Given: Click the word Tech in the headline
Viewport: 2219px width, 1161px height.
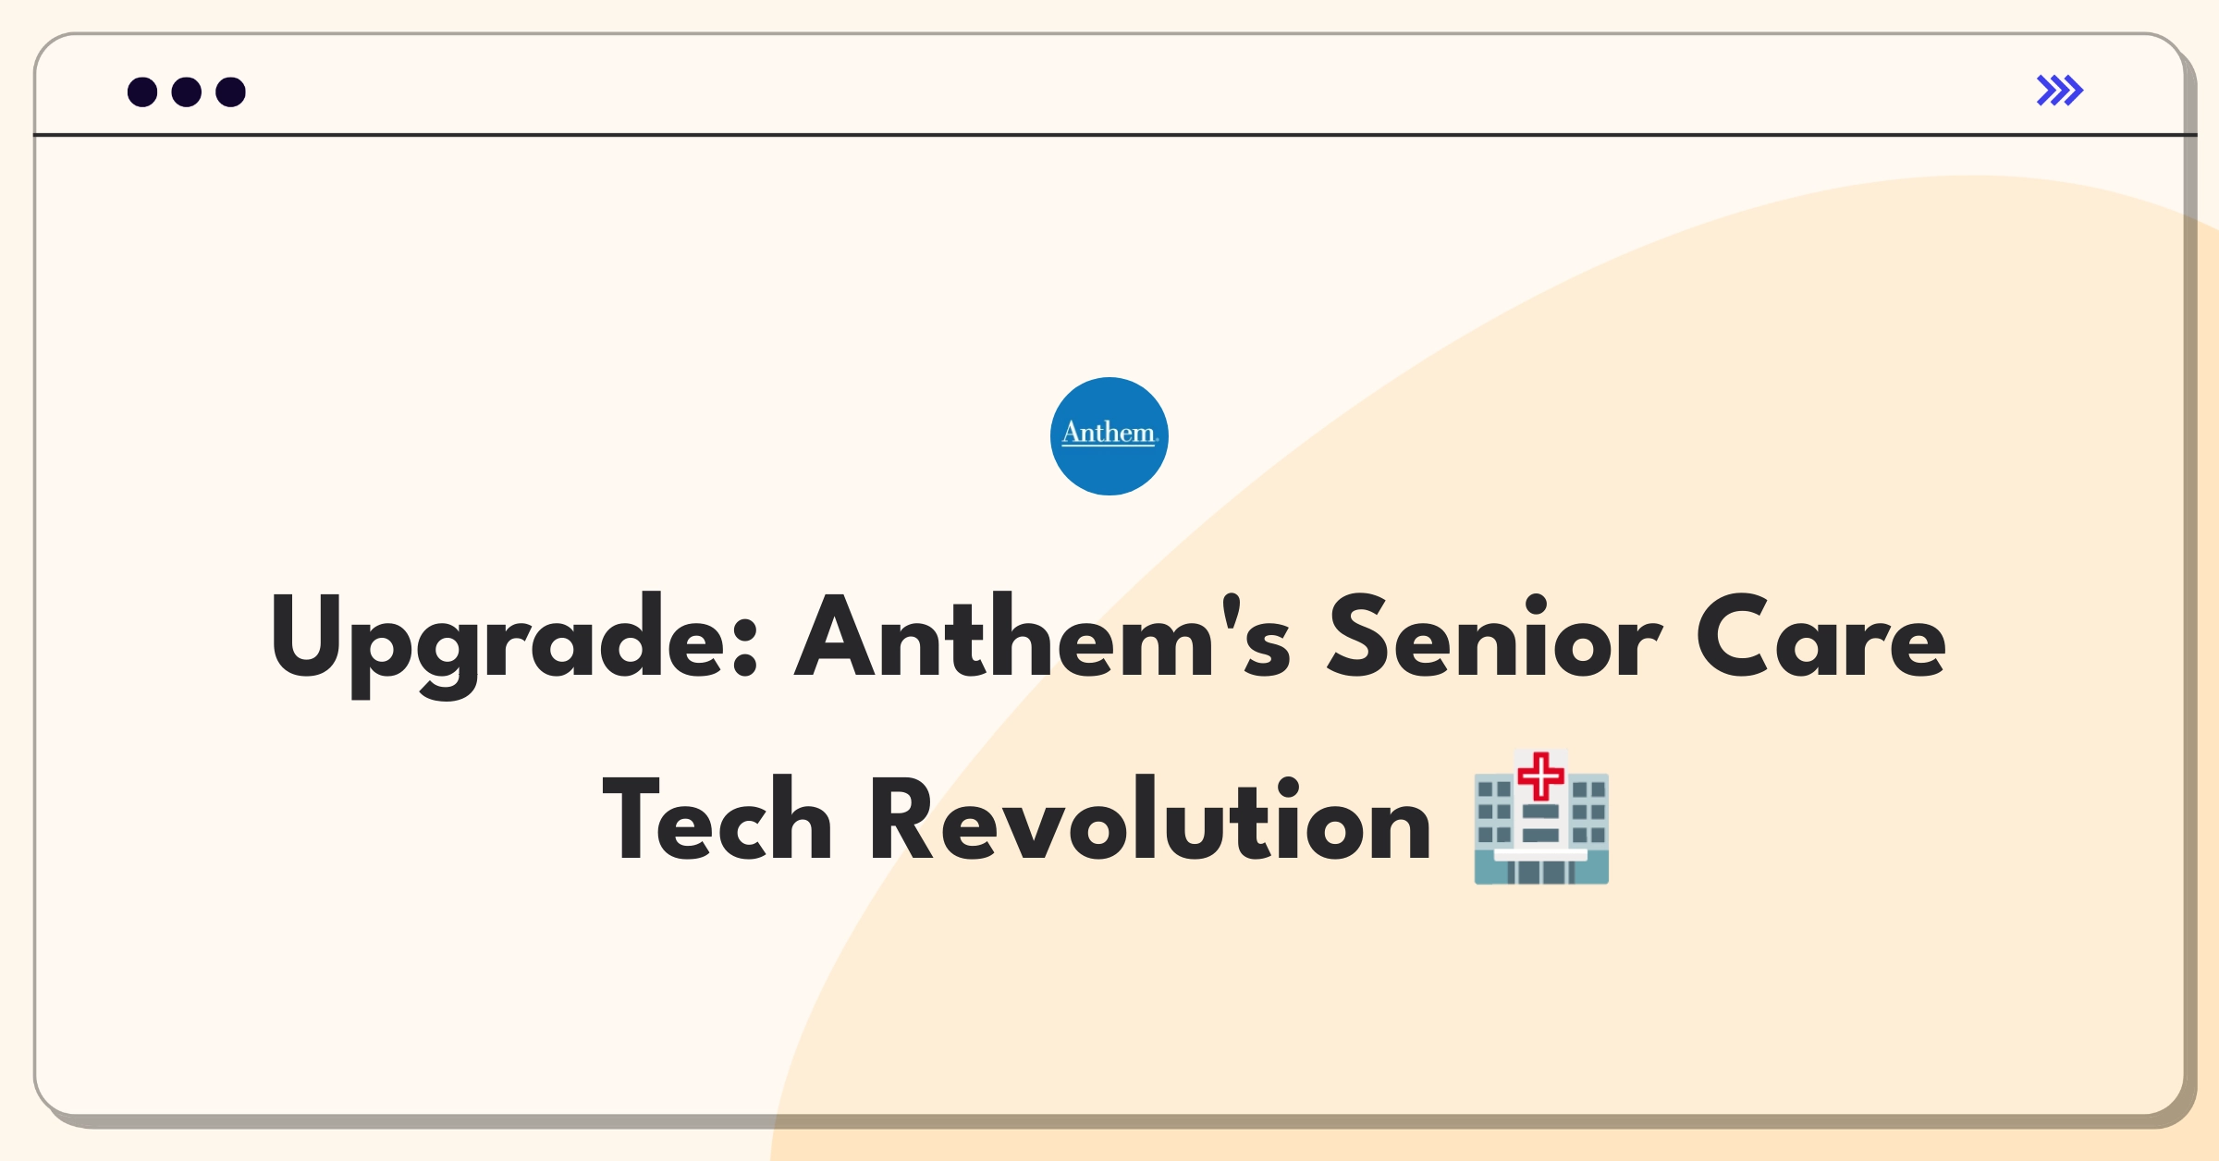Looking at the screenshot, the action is tap(717, 818).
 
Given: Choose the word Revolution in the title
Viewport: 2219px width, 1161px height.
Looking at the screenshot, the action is tap(1149, 818).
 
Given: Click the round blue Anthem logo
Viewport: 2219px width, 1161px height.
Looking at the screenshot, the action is tap(1109, 436).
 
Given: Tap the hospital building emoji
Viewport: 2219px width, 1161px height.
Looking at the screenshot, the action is tap(1541, 818).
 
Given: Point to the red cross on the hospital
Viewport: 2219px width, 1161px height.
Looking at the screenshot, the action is tap(1541, 776).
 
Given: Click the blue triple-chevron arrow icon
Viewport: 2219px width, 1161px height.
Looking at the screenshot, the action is tap(2060, 91).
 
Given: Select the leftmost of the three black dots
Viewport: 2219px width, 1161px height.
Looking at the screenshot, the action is tap(142, 92).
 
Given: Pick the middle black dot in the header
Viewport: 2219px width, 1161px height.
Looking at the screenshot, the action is tap(187, 92).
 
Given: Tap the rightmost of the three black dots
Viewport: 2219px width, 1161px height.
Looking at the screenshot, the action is tap(231, 92).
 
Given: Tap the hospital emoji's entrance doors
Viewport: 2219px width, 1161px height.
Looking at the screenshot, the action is tap(1541, 872).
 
